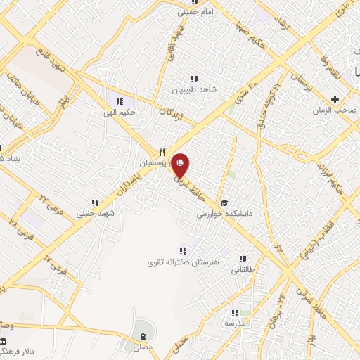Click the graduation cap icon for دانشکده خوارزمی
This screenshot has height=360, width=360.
tap(223, 199)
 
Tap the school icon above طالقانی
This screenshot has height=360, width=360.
tap(243, 258)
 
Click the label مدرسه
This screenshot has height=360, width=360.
tap(234, 324)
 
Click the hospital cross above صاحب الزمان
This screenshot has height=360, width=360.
tap(335, 99)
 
